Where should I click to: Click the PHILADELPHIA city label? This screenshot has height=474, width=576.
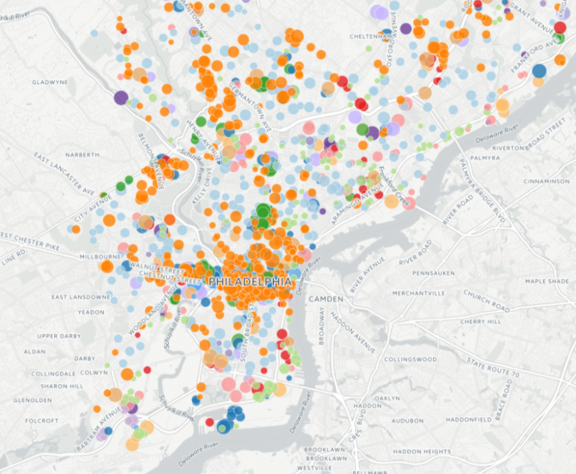[251, 281]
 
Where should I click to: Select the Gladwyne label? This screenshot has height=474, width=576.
[50, 82]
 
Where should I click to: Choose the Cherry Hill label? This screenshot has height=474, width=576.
[480, 322]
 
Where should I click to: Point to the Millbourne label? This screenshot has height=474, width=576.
[99, 257]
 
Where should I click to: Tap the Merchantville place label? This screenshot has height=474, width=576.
[418, 293]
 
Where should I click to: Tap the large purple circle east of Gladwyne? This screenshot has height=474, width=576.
[121, 98]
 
